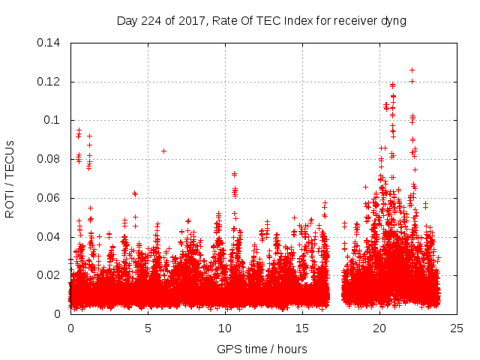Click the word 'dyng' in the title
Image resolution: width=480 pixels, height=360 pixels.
393,21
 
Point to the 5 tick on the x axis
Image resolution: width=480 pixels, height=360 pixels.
148,328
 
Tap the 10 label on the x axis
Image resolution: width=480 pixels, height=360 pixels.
225,328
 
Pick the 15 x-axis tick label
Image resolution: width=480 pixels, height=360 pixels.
302,328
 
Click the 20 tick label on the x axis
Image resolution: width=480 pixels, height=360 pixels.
379,328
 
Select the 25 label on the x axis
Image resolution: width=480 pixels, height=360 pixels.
457,328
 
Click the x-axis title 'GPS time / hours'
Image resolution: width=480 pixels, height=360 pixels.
262,349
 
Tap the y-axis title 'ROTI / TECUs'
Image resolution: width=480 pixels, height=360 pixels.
10,178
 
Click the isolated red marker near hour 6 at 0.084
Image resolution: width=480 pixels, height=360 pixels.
163,151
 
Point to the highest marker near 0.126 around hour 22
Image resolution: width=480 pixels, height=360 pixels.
412,70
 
